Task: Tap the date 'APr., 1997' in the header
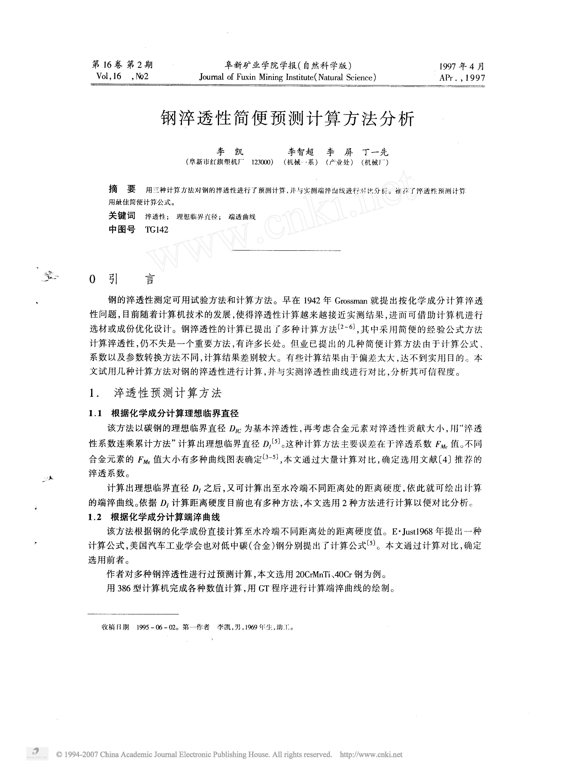pos(462,78)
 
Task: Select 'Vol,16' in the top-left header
pos(109,76)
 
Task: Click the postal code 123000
pos(262,162)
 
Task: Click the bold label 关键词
pos(122,216)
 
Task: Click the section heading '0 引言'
pos(122,279)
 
